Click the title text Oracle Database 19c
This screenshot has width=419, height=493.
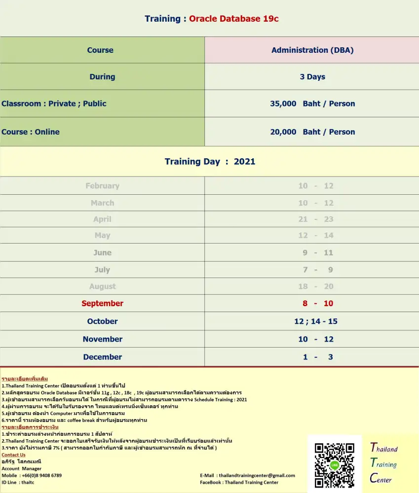coord(234,19)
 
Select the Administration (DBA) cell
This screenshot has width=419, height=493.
coord(312,50)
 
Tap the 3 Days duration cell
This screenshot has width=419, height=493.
coord(312,76)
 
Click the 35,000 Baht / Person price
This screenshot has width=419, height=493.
coord(312,104)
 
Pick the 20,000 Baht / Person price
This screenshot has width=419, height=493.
coord(312,132)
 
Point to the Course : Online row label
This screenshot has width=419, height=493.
coord(31,132)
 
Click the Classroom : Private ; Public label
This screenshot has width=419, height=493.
coord(54,104)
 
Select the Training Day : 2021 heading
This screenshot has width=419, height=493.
coord(210,161)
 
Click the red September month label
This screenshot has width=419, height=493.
coord(102,303)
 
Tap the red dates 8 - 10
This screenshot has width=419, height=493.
coord(316,303)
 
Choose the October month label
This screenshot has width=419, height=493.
coord(102,321)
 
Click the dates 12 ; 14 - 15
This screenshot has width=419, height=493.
coord(316,321)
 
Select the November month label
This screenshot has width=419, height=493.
coord(102,339)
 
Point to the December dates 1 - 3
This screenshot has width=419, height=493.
coord(317,356)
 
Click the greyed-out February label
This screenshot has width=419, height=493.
coord(102,186)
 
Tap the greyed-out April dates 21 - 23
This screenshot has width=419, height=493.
coord(316,219)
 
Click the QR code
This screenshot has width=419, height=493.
coord(334,464)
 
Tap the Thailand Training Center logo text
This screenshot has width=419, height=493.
coord(383,463)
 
